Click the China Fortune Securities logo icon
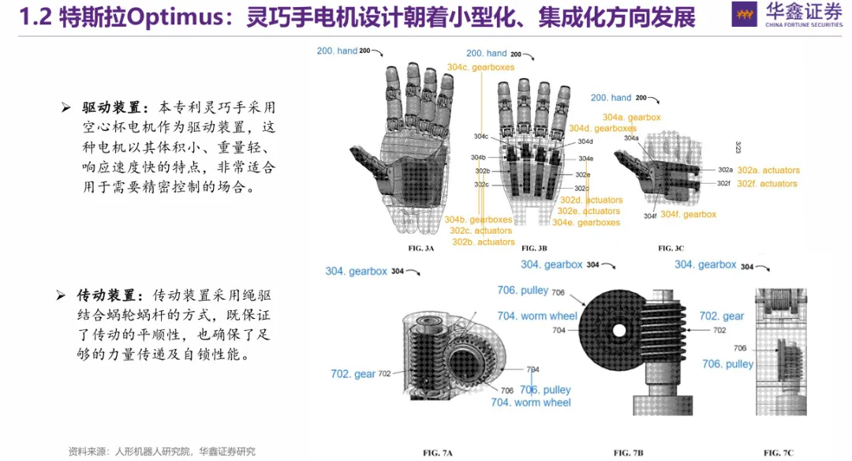(744, 14)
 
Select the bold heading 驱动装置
(110, 107)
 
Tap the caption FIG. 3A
(420, 248)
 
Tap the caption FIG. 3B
(529, 248)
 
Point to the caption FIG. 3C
(671, 248)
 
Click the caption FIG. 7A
(438, 452)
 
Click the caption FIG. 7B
(629, 452)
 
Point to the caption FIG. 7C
(779, 452)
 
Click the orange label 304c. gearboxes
(480, 67)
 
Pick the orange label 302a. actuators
(768, 170)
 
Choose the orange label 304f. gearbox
(688, 214)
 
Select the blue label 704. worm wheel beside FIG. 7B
(536, 316)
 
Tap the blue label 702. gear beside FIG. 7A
(353, 373)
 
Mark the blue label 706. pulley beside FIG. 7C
(727, 364)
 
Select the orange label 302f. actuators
(767, 183)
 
